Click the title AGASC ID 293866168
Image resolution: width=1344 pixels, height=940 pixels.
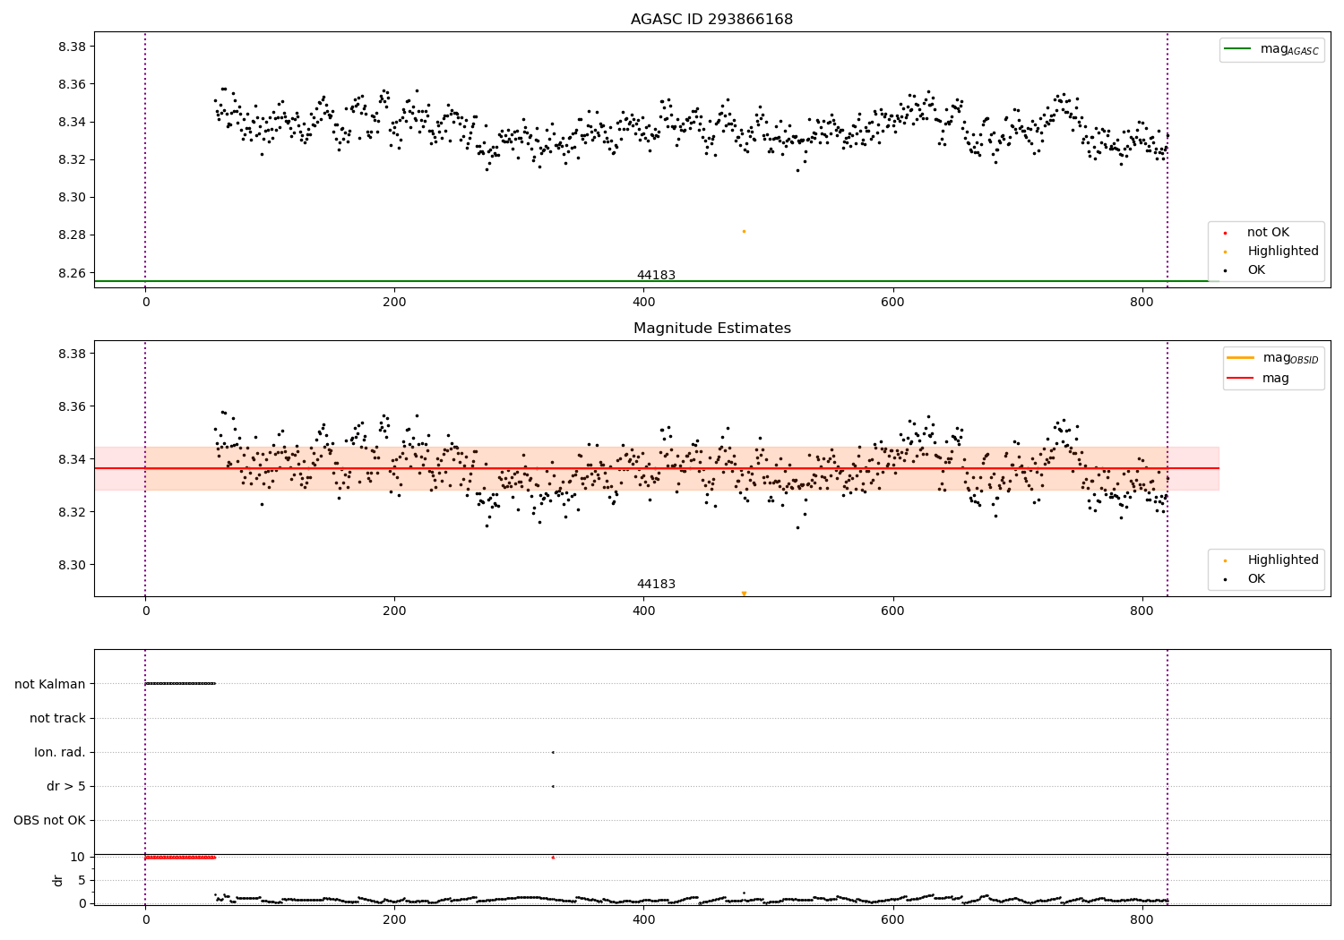coord(711,20)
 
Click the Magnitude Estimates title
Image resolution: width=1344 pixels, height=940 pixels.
coord(711,329)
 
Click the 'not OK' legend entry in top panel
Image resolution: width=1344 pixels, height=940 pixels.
coord(1267,233)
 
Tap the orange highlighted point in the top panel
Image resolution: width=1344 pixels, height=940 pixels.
coord(744,231)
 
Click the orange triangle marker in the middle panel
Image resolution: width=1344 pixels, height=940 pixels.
coord(744,594)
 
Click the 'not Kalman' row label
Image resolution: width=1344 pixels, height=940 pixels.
coord(50,684)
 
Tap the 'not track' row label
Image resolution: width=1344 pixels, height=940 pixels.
coord(57,718)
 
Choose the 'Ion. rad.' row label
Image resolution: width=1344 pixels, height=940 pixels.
coord(60,752)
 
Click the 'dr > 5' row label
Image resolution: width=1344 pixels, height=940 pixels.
coord(66,786)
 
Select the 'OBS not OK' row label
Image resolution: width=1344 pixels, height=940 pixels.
coord(49,820)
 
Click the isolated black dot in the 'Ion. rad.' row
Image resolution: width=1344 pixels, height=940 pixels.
coord(553,752)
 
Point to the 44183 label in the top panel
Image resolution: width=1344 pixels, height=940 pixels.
coord(656,276)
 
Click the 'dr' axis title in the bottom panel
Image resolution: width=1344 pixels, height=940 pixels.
coord(58,880)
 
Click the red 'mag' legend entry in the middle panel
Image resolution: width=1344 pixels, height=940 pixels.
coord(1275,379)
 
